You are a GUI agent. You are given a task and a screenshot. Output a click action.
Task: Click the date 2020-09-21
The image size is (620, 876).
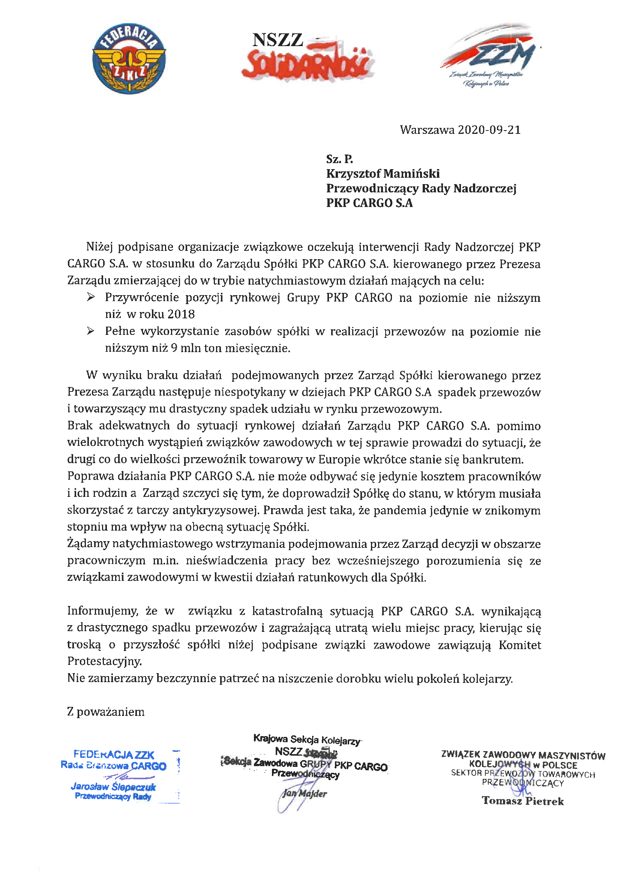click(x=489, y=130)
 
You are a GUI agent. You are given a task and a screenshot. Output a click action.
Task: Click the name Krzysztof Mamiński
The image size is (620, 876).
click(x=383, y=174)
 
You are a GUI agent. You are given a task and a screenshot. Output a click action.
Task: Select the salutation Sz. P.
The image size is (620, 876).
click(x=339, y=159)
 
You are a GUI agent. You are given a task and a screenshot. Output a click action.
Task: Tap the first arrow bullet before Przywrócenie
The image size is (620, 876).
click(x=90, y=297)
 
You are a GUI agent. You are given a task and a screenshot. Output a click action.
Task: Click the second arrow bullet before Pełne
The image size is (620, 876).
click(x=90, y=330)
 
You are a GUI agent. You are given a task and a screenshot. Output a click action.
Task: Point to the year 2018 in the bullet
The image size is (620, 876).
click(x=181, y=314)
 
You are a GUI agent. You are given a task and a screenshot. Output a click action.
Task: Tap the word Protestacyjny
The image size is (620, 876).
click(x=104, y=661)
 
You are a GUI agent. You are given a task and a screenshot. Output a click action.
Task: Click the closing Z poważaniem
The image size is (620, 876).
click(x=106, y=711)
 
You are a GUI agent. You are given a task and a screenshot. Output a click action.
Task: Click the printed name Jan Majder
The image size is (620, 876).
click(x=305, y=793)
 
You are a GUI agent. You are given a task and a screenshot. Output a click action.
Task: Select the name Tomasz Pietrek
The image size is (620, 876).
click(x=522, y=800)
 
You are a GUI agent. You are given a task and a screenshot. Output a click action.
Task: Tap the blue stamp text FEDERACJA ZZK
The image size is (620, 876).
click(x=114, y=754)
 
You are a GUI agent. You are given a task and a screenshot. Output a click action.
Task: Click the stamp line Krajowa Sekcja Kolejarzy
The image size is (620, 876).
click(x=307, y=740)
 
